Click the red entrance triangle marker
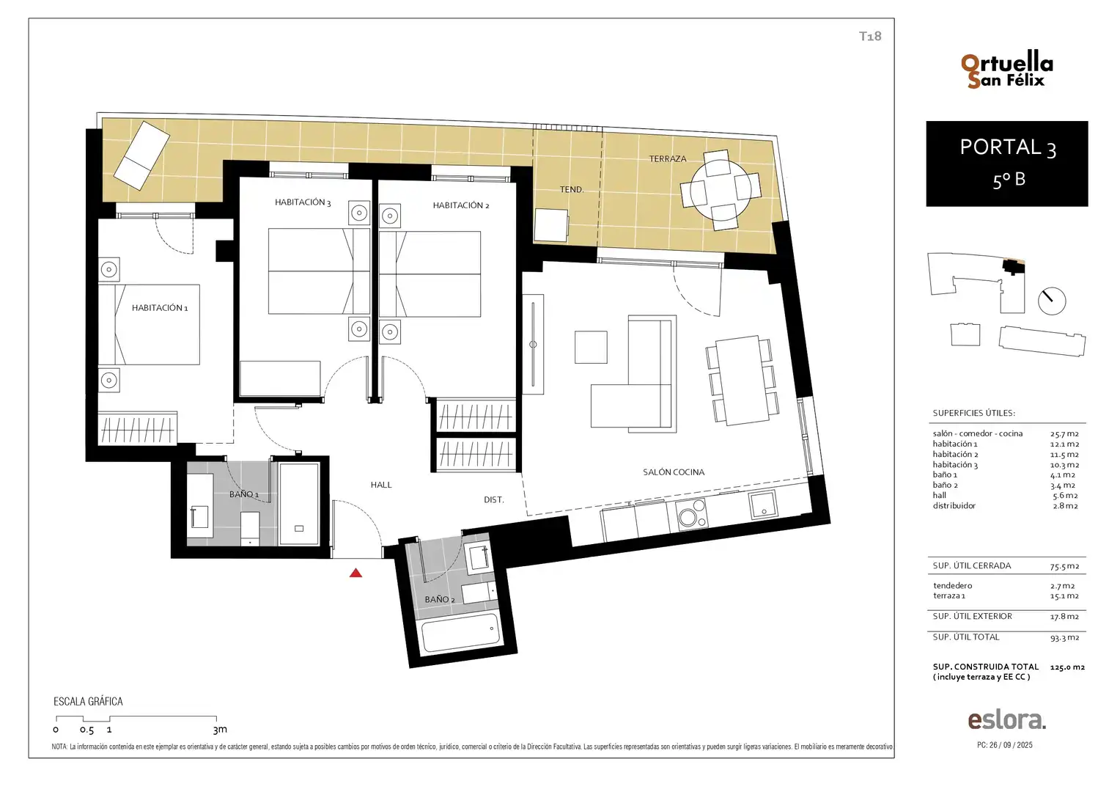355,573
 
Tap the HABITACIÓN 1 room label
160,308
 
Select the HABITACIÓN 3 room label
303,202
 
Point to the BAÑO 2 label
440,599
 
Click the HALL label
381,484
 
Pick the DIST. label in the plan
493,499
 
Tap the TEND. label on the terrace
572,189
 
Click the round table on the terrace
721,191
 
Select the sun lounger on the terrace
142,155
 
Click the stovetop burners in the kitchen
691,514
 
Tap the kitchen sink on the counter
763,504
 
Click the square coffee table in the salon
591,347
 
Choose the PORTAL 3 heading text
1008,147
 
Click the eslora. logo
1006,720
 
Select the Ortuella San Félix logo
1006,71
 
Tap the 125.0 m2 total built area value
1067,667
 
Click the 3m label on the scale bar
220,730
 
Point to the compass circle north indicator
1052,301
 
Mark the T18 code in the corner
870,36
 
